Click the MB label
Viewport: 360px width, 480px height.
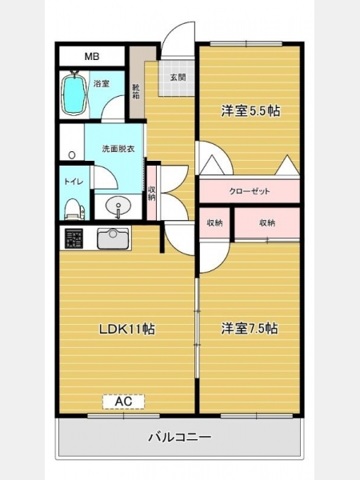tap(92, 56)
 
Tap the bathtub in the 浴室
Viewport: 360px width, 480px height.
tap(74, 94)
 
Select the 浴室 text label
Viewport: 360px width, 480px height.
tap(102, 83)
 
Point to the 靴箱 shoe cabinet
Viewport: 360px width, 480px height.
tap(137, 82)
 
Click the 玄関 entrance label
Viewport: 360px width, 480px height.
tap(178, 77)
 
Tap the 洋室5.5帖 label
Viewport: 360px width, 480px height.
tap(250, 111)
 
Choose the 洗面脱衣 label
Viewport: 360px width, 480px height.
tap(118, 149)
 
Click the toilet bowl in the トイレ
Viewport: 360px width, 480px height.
tap(74, 209)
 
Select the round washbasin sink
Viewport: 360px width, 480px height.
tap(118, 206)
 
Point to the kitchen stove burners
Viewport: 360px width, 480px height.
tap(74, 238)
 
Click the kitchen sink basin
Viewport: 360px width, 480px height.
tap(113, 238)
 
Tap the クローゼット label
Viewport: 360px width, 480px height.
tap(250, 191)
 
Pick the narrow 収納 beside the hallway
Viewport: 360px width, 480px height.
tap(151, 193)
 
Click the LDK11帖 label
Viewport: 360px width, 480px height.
tap(126, 330)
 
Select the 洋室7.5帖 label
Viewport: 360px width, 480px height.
tap(250, 329)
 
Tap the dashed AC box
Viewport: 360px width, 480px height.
tap(123, 402)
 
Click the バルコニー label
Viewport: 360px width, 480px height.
tap(180, 437)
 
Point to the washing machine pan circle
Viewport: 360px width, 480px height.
tap(72, 155)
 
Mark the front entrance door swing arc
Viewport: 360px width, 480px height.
tap(176, 34)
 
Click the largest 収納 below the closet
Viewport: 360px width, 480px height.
tap(267, 223)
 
